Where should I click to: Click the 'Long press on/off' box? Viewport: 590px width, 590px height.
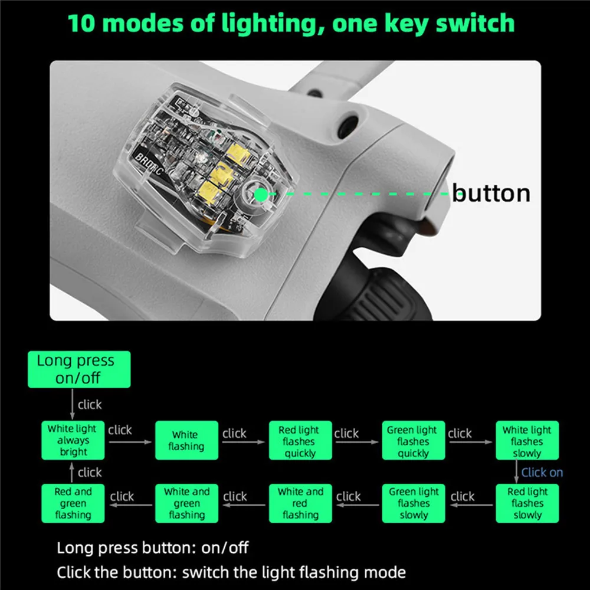tap(79, 369)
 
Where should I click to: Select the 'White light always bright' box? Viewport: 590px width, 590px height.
tap(73, 440)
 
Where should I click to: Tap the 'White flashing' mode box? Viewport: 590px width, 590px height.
tap(186, 440)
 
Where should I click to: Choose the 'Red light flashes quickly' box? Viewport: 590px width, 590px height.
tap(300, 440)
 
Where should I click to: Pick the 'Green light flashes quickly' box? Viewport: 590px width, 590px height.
tap(414, 440)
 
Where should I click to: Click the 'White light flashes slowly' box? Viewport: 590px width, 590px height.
tap(527, 440)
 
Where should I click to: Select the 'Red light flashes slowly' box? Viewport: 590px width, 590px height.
tap(527, 503)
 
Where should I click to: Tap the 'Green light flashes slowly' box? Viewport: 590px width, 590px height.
tap(414, 503)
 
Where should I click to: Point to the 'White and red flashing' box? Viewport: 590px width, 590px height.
tap(300, 503)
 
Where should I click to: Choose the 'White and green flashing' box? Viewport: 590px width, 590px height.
tap(186, 503)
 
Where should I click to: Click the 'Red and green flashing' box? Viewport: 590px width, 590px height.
tap(73, 503)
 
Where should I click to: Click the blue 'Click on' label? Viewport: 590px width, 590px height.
tap(542, 472)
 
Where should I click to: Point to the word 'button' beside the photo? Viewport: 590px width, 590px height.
tap(491, 193)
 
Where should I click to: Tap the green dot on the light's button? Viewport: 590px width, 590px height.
tap(261, 195)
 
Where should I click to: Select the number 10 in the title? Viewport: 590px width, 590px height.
tap(81, 24)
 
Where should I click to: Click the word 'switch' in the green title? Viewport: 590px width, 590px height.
tap(475, 23)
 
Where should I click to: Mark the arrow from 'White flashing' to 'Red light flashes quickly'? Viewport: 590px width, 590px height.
tap(244, 442)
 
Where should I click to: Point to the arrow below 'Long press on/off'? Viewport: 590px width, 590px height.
tap(72, 404)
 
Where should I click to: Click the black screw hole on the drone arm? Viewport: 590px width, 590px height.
tap(348, 126)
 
